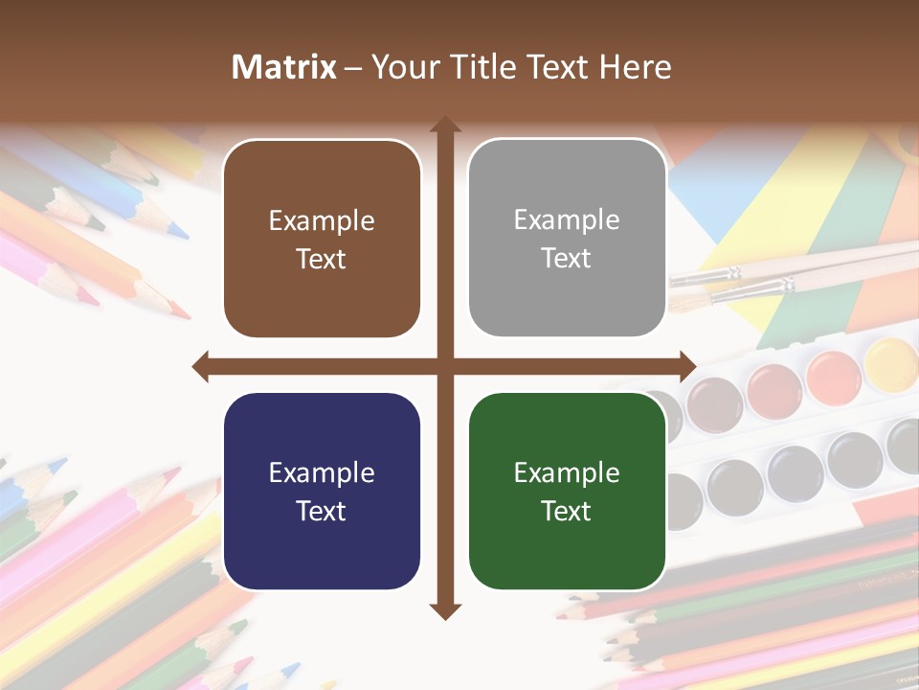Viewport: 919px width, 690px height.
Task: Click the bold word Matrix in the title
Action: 284,67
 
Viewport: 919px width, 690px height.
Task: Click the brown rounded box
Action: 322,239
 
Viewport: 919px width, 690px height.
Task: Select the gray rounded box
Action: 567,239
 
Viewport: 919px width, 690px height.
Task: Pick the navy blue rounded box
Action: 322,491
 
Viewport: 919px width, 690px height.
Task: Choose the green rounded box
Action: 567,491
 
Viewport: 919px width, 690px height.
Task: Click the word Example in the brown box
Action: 322,221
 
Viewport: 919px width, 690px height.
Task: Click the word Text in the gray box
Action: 567,259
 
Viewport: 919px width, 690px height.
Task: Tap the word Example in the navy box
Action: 322,472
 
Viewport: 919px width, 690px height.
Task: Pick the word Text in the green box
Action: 567,511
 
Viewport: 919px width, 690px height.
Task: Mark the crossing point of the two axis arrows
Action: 444,366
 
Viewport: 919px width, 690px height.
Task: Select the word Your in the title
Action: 402,67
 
